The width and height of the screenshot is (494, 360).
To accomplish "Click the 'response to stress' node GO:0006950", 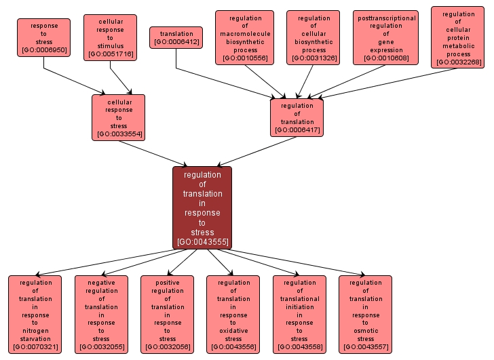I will coord(44,37).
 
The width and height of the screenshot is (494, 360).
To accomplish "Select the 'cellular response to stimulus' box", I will coord(110,37).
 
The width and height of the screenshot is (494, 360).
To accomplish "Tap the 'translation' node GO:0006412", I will coord(176,37).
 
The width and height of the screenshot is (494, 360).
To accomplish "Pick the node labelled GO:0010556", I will coord(244,37).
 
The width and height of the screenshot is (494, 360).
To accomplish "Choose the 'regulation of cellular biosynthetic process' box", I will coord(313,37).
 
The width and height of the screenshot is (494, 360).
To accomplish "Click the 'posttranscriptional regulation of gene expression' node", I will coord(385,37).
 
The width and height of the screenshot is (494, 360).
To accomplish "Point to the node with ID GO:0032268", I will coord(458,37).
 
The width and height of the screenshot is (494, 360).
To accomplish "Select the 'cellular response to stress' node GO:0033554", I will coord(119,117).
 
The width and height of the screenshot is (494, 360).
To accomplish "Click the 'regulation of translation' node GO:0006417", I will coord(297,117).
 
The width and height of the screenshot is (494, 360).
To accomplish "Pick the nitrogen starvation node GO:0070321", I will coord(35,314).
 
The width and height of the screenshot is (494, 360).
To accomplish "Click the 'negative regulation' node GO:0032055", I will coord(101,314).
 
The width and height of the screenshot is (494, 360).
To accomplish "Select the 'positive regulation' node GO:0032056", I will coord(167,314).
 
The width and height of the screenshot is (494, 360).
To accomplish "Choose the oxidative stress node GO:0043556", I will coord(233,314).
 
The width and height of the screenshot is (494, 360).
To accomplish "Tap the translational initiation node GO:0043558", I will coord(299,314).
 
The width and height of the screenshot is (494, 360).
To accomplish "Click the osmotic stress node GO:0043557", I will coord(365,314).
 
